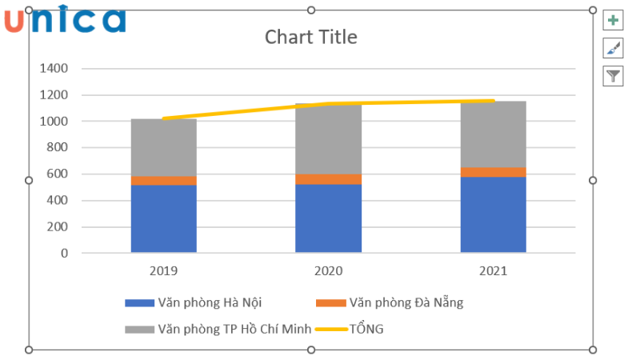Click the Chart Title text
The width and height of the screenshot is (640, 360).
310,37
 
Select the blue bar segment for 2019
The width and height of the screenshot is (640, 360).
163,218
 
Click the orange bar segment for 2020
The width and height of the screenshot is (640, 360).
328,179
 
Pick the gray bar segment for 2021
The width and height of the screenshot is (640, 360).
493,134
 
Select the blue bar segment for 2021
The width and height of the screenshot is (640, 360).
493,214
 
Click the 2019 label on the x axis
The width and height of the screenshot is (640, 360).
163,271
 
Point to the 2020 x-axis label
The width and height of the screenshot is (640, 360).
328,271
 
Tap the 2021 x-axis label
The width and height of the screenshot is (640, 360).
493,271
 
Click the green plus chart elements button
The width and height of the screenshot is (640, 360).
613,22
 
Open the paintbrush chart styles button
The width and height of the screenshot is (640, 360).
613,49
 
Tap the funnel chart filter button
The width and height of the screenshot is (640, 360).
613,76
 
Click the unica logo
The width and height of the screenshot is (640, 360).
65,19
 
